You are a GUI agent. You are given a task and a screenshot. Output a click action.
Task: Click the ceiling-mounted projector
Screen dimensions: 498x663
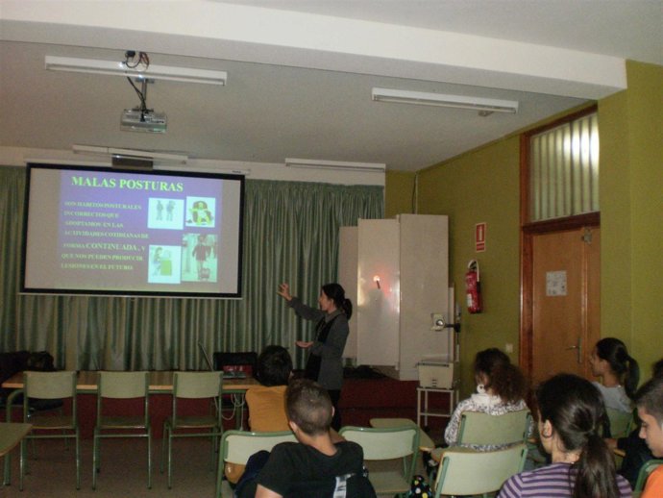143,120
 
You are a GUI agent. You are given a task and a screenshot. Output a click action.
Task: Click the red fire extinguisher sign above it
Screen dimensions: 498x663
479,237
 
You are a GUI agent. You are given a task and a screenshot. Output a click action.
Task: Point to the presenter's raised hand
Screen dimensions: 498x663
284,290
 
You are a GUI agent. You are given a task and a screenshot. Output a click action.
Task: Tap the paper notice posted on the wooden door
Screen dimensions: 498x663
555,283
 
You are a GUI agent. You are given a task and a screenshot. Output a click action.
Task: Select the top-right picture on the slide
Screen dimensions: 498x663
200,212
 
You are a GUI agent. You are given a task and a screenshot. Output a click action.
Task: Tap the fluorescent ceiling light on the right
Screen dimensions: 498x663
444,99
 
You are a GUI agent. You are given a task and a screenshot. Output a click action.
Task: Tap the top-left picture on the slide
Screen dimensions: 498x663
163,211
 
